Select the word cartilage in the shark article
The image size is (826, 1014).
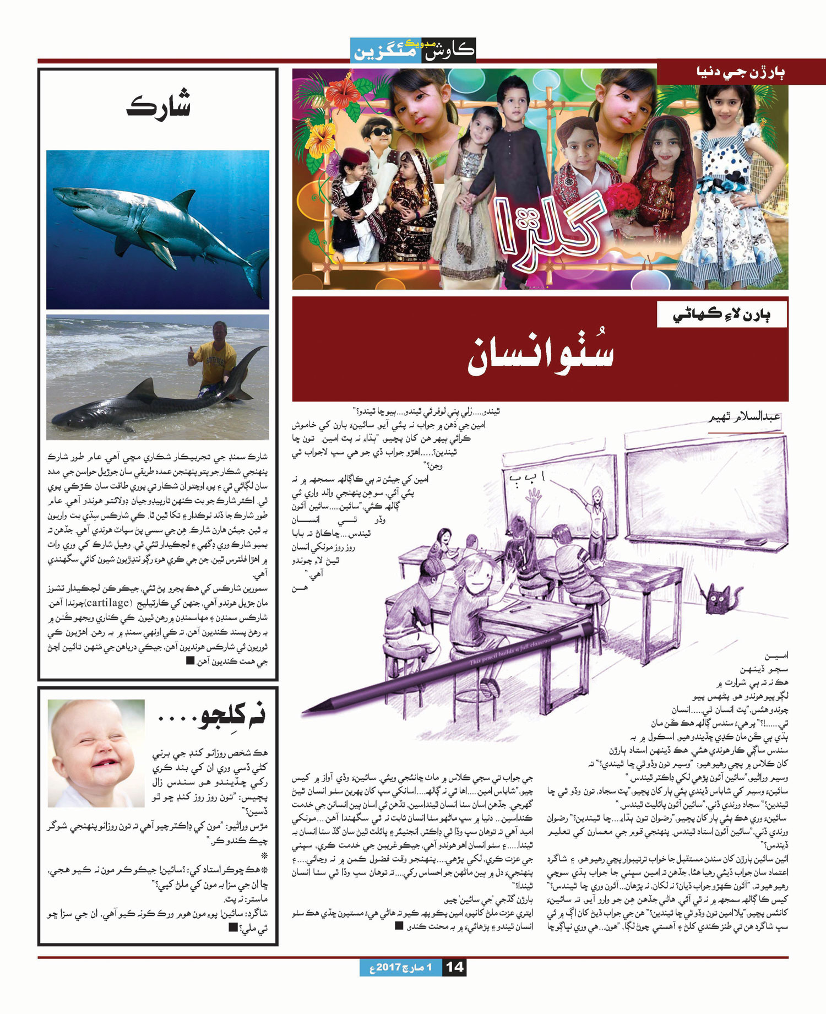click(x=107, y=603)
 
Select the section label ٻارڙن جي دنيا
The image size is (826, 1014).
click(x=741, y=72)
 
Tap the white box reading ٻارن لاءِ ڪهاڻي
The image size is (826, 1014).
click(x=721, y=314)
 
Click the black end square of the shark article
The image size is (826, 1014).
click(x=190, y=660)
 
